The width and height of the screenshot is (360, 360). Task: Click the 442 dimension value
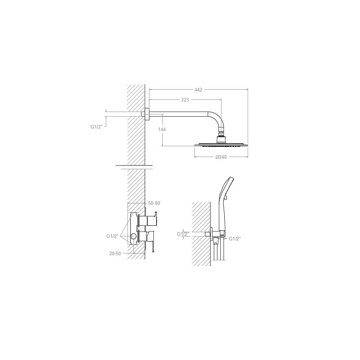click(x=198, y=90)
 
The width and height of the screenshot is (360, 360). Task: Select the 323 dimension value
click(x=185, y=100)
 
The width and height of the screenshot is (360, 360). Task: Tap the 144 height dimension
click(x=162, y=130)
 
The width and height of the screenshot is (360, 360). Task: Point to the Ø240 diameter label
click(x=221, y=157)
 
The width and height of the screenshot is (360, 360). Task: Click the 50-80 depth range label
click(x=154, y=203)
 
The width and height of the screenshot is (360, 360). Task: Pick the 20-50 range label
click(x=115, y=254)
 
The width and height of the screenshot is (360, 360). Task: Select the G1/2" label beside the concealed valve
click(x=112, y=236)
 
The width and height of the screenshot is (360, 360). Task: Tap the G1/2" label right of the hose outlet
click(x=234, y=239)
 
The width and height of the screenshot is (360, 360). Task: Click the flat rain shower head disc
click(x=221, y=145)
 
